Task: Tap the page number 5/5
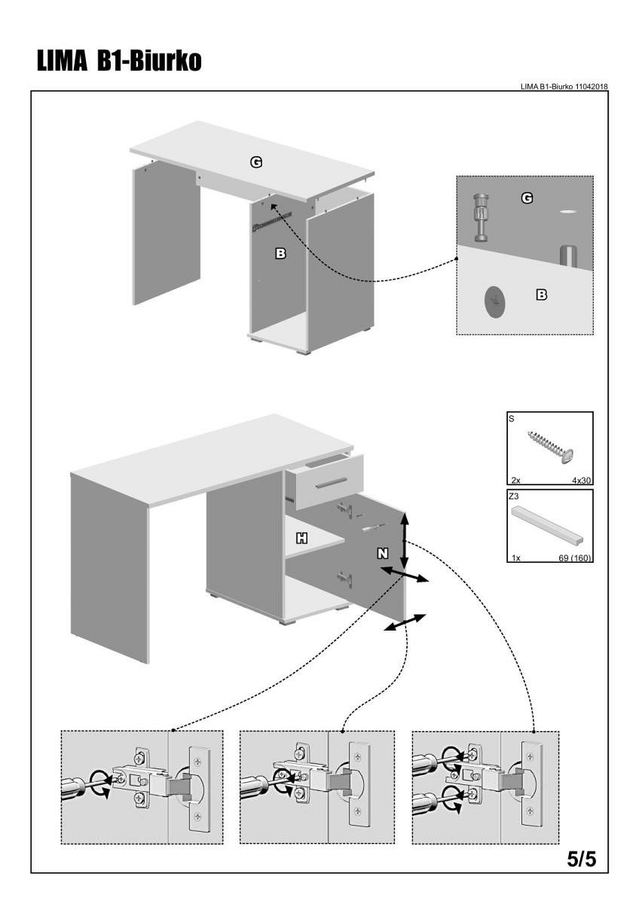pos(581,859)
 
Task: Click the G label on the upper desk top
pos(256,161)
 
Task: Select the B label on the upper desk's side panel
pos(280,254)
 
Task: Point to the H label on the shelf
pos(302,538)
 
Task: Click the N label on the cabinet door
pos(383,553)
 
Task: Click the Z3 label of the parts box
pos(514,496)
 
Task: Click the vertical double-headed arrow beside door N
pos(405,540)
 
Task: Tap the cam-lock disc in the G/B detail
pos(494,301)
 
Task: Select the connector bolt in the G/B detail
pos(482,217)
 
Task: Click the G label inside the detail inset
pos(527,198)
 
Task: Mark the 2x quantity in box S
pos(514,478)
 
